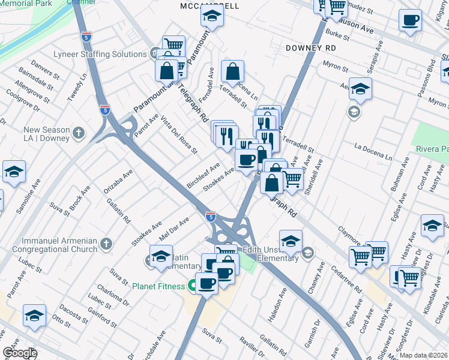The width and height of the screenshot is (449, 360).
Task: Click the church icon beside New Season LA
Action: [x=79, y=132]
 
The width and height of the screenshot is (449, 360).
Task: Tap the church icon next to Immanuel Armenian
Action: [x=106, y=244]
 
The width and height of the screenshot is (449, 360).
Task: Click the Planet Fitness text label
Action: [x=158, y=286]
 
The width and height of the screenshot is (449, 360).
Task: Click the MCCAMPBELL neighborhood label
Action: [x=209, y=6]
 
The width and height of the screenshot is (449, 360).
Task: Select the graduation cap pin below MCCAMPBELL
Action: [x=212, y=17]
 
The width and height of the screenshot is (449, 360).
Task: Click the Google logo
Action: [x=20, y=353]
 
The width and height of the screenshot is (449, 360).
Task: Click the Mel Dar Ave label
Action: [x=173, y=227]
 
